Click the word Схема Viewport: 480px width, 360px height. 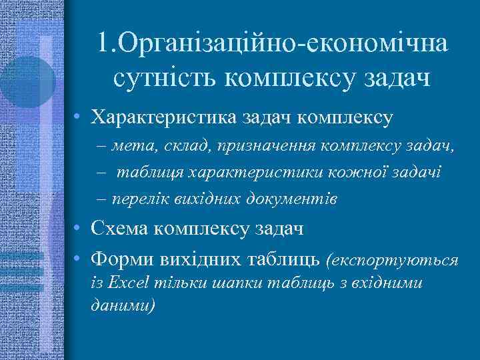point(121,229)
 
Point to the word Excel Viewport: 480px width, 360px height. point(129,283)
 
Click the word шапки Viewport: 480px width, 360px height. point(238,283)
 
